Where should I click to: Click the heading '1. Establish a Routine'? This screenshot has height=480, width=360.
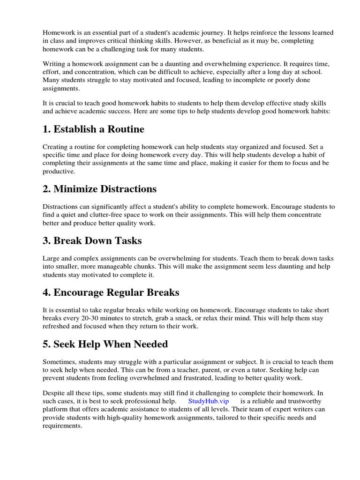click(x=93, y=129)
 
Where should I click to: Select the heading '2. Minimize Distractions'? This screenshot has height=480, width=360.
click(x=99, y=189)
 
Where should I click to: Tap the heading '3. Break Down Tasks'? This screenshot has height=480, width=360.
click(x=92, y=241)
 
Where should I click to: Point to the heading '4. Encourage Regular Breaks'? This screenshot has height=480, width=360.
click(x=111, y=292)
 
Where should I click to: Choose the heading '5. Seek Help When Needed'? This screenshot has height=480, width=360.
click(x=105, y=344)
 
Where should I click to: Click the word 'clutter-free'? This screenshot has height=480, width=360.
click(x=99, y=215)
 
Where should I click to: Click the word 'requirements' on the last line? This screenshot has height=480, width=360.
click(x=62, y=426)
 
